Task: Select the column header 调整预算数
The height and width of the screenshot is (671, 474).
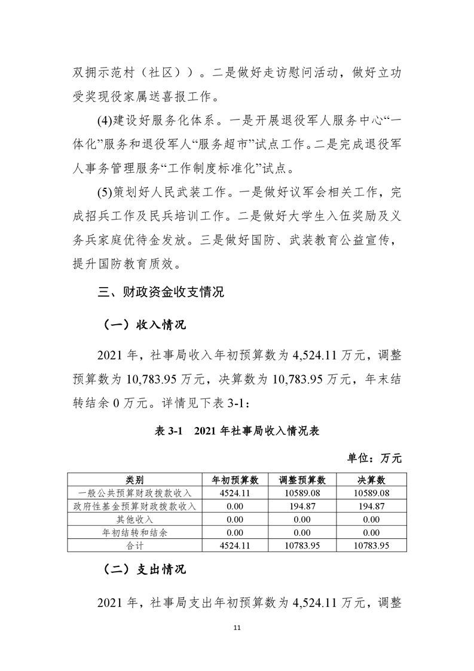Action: [x=302, y=480]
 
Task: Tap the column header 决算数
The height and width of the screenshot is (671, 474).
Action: [x=372, y=480]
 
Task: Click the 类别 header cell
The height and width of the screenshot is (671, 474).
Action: [x=134, y=480]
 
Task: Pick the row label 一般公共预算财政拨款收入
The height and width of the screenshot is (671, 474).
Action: [x=134, y=493]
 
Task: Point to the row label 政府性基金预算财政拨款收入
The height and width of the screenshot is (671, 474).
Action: [x=134, y=507]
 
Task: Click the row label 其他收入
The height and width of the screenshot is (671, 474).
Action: [x=134, y=520]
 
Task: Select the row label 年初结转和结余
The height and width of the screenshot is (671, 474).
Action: [x=134, y=533]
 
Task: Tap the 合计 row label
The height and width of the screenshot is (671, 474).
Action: [x=134, y=546]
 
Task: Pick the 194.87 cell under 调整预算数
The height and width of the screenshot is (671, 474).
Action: [x=302, y=507]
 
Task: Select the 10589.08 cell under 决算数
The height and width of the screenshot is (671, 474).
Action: [x=372, y=493]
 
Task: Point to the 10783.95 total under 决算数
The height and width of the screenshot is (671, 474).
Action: [x=372, y=546]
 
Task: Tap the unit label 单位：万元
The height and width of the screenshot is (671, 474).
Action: [x=375, y=459]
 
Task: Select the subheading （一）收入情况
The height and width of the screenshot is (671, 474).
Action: [x=141, y=325]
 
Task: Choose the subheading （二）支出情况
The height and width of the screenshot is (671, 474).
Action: [x=141, y=569]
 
